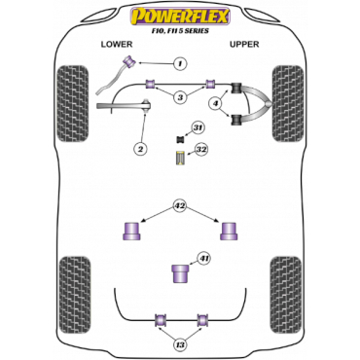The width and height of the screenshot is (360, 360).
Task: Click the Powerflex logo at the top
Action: (179, 14)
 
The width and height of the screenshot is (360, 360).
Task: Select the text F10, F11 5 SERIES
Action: (179, 30)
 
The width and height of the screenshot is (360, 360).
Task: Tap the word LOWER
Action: (117, 45)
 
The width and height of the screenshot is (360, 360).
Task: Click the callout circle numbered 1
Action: (180, 64)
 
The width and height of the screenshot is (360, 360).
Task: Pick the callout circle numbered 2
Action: (141, 148)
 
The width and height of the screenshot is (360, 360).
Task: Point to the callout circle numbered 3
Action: (179, 97)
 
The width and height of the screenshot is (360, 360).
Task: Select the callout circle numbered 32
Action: (200, 149)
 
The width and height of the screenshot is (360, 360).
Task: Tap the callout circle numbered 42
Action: (179, 205)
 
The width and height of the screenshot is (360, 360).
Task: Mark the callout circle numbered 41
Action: (202, 259)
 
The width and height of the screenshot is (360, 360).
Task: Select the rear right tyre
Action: (286, 292)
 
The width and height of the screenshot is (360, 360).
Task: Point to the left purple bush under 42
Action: (128, 233)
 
